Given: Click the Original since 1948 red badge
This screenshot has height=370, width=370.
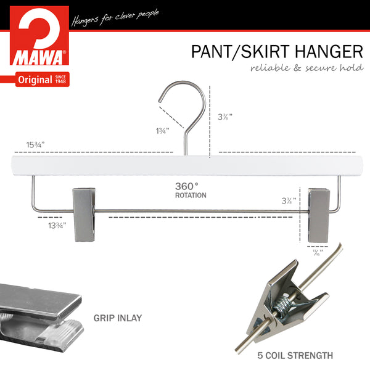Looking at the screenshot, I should (x=42, y=80).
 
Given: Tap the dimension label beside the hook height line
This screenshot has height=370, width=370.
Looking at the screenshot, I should (x=225, y=117).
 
